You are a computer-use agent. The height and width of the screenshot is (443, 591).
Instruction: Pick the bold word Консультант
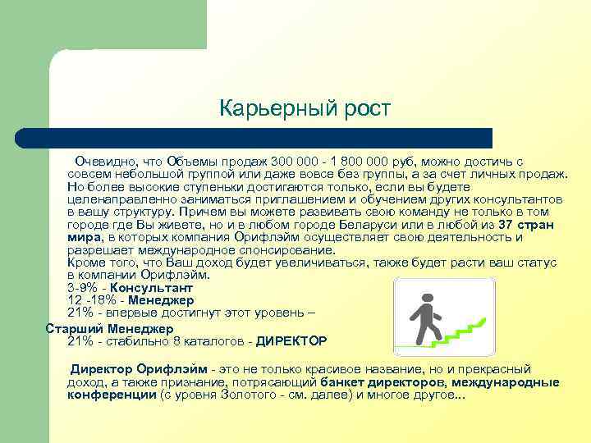coord(152,288)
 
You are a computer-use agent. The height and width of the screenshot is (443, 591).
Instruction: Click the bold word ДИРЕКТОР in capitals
coord(291,340)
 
